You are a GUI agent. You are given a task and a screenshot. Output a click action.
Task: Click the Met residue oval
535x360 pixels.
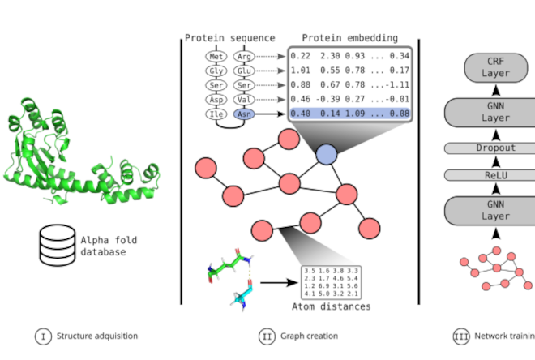coord(216,57)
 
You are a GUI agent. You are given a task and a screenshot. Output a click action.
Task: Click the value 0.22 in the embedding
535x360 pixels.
coord(301,56)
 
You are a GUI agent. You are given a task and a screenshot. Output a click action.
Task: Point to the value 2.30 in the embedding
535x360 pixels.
coord(329,56)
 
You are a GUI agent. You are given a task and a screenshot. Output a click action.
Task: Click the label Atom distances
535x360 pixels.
coord(332,306)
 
